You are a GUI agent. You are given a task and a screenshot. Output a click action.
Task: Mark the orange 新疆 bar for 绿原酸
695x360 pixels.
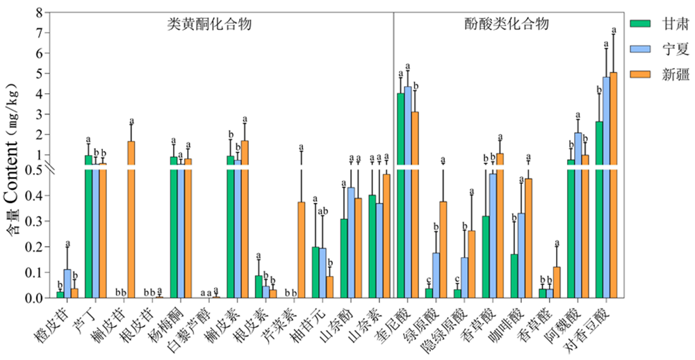443,250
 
